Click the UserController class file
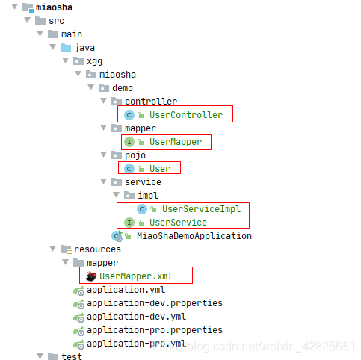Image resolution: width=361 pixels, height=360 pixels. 186,115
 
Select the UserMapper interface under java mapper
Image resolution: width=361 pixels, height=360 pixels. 176,142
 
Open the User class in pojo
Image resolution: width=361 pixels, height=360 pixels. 160,169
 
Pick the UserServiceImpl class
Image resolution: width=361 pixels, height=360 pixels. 201,209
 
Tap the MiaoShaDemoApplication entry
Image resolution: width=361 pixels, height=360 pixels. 194,236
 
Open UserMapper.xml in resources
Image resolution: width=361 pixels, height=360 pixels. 136,276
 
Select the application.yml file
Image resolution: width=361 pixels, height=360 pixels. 126,290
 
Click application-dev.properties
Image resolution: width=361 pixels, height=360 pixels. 155,303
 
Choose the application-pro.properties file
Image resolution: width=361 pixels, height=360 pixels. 155,330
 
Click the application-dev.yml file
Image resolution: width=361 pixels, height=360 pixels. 136,317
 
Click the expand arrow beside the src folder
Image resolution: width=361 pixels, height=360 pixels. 28,20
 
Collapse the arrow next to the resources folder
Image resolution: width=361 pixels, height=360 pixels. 53,249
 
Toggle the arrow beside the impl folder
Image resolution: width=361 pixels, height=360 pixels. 116,194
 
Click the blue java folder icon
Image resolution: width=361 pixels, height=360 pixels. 66,47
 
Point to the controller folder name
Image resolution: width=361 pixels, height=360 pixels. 151,102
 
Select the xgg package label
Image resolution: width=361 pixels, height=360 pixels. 94,61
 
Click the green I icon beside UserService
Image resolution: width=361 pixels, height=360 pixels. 129,223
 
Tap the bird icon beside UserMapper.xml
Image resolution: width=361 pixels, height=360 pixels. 91,276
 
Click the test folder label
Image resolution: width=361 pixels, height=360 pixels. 72,356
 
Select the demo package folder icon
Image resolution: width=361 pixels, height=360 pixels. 104,88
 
